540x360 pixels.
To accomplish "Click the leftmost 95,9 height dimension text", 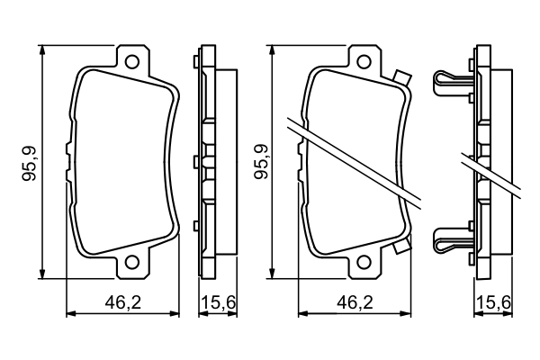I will (x=30, y=162).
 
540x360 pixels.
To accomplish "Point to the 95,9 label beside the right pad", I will (x=260, y=162).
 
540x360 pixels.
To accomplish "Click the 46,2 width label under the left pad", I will (x=125, y=304).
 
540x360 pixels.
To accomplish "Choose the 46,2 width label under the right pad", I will (x=356, y=304).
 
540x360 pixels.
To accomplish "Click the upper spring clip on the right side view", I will (x=453, y=83).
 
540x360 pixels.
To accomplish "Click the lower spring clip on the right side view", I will (x=453, y=241).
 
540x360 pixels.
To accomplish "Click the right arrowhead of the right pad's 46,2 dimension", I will (x=411, y=314).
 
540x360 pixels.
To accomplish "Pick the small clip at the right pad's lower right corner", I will (x=401, y=245).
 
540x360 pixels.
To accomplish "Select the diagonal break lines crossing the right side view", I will (x=490, y=175).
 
